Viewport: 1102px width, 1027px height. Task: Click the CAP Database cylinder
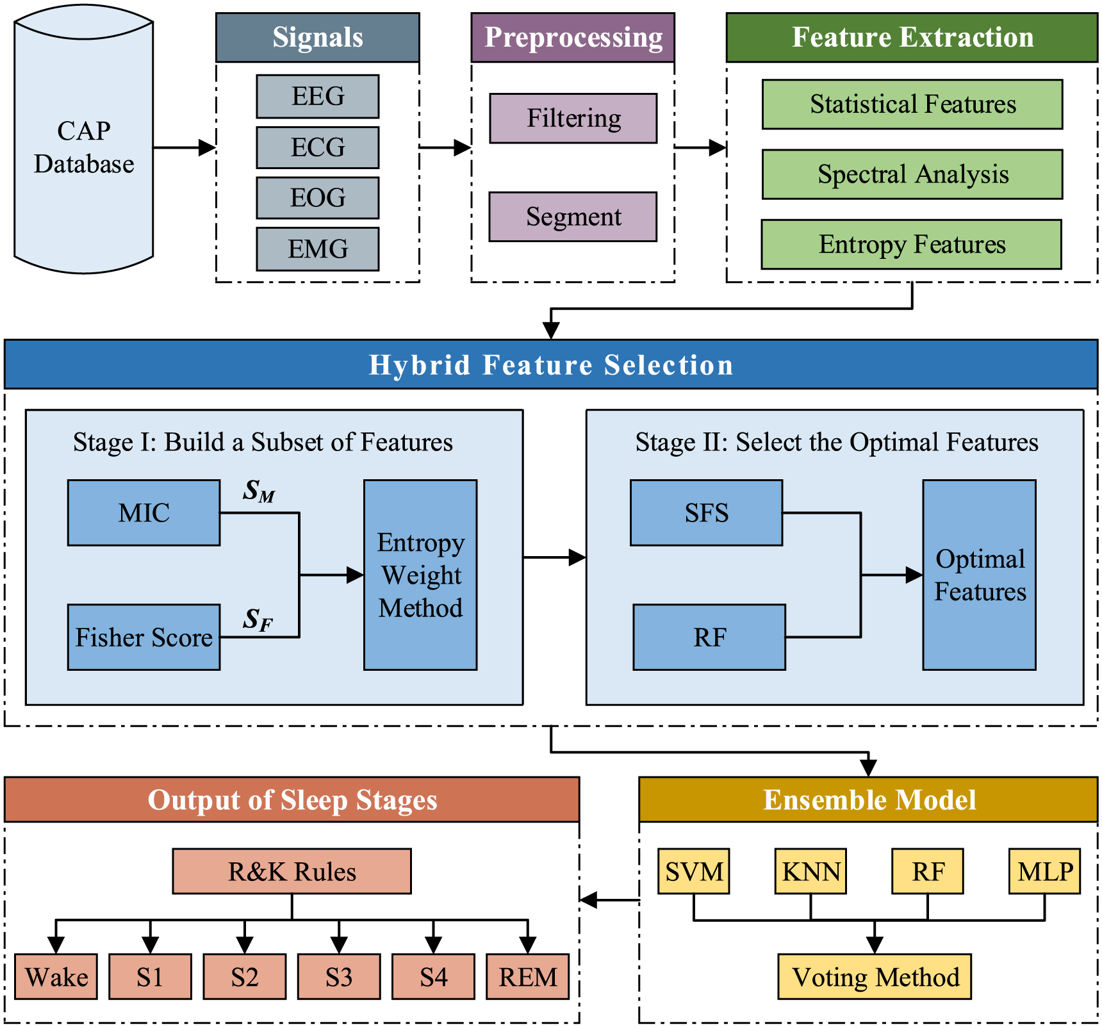[x=83, y=147]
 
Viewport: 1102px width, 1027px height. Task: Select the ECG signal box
[x=317, y=147]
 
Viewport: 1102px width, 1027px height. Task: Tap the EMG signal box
[x=317, y=249]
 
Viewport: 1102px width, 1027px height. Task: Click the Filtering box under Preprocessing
[x=573, y=119]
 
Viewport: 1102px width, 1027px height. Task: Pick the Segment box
[x=573, y=217]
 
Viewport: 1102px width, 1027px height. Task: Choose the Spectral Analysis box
[x=912, y=174]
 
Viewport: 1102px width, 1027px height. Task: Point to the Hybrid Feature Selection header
[x=551, y=365]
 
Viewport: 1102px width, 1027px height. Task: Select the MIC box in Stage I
[x=144, y=513]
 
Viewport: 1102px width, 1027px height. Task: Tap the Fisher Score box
[x=144, y=637]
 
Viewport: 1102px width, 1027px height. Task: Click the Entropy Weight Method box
[x=420, y=575]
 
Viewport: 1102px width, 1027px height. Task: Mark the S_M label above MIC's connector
[x=259, y=491]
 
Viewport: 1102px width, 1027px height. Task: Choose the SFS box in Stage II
[x=706, y=513]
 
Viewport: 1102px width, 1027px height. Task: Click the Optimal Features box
[x=979, y=575]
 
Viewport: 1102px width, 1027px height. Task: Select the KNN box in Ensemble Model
[x=810, y=871]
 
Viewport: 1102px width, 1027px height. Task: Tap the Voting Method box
[x=875, y=976]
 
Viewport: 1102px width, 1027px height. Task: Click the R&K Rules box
[x=292, y=871]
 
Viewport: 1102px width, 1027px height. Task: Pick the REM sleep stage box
[x=527, y=976]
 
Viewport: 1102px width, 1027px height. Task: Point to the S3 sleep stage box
[x=339, y=976]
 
